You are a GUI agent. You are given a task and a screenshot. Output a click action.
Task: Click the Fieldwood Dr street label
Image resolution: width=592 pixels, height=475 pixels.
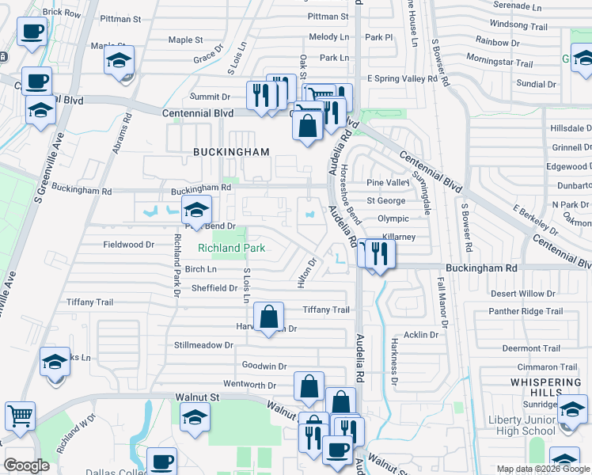click(128, 245)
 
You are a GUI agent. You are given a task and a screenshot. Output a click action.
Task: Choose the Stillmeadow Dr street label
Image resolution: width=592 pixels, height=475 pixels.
click(204, 345)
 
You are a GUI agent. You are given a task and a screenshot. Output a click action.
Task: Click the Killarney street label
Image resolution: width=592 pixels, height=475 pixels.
click(397, 237)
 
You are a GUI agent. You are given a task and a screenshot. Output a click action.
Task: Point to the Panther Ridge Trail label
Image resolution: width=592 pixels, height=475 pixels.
click(526, 311)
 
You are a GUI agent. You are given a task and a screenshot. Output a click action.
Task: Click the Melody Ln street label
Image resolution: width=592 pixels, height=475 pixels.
click(328, 37)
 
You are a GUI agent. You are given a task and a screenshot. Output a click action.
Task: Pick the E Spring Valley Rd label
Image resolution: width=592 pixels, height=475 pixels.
click(402, 79)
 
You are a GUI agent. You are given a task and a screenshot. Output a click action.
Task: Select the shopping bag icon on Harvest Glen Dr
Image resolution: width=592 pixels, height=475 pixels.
click(269, 317)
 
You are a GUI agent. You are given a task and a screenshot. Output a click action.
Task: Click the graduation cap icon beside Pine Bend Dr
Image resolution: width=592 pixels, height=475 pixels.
click(195, 210)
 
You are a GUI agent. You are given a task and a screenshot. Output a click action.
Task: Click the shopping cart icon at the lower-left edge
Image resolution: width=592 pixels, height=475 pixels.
click(20, 415)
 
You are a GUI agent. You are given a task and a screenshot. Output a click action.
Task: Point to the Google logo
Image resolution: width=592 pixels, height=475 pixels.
click(26, 465)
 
